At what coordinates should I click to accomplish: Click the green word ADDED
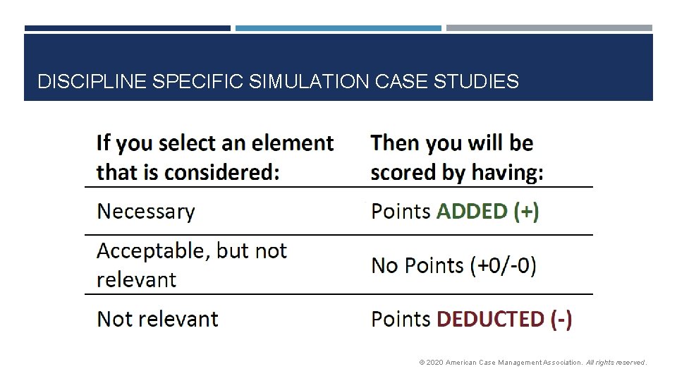pos(472,211)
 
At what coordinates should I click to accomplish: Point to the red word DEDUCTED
pos(491,319)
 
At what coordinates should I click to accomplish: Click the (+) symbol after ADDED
pos(526,211)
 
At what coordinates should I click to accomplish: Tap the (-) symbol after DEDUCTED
pos(561,319)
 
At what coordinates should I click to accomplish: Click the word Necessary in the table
pos(145,211)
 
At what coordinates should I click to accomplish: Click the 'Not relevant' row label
pos(157,319)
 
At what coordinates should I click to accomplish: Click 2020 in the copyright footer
pos(435,363)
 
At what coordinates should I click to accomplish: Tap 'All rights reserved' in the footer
pos(616,363)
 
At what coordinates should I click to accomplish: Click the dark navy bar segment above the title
pos(128,28)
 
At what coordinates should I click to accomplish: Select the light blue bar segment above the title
pos(338,28)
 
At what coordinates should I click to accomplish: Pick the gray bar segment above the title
pos(549,28)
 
